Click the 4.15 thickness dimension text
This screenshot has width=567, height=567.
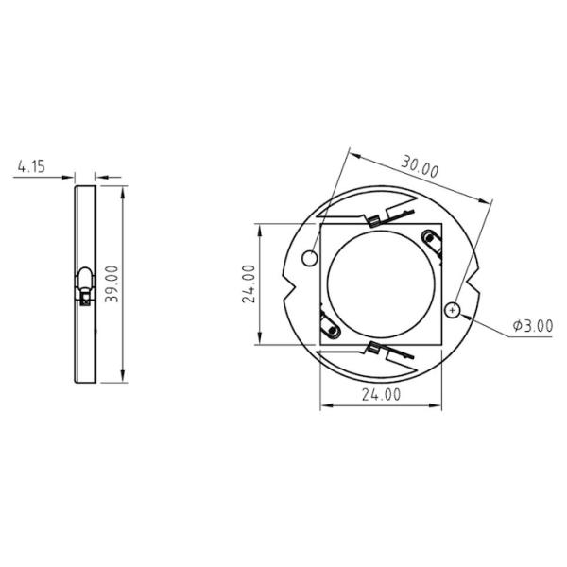(x=30, y=167)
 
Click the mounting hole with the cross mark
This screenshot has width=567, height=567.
(x=455, y=308)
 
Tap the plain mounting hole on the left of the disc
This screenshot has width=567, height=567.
(x=309, y=258)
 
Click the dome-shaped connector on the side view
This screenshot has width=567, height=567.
(x=85, y=280)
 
